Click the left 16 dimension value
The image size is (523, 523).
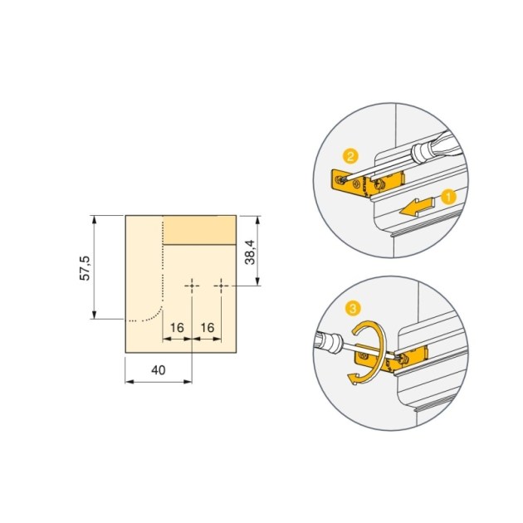[177, 328]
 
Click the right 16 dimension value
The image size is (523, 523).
[208, 328]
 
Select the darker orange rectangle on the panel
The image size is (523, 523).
[200, 230]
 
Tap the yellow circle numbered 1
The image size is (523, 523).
[447, 198]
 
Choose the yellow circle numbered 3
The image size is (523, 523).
[354, 309]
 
